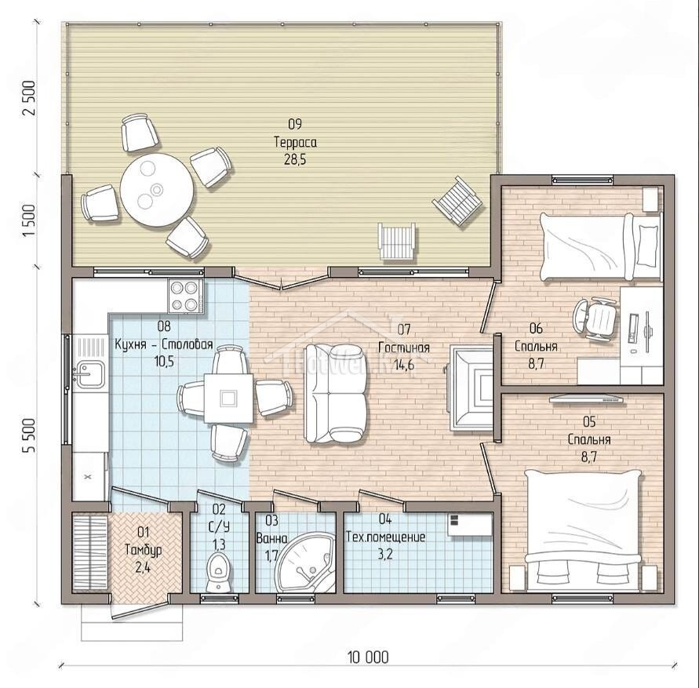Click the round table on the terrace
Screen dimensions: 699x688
(x=158, y=190)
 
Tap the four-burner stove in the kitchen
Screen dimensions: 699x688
(x=186, y=296)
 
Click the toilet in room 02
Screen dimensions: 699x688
(x=217, y=573)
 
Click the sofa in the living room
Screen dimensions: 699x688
(x=336, y=393)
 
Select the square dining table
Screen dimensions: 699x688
(x=229, y=398)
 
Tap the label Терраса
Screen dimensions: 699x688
(x=295, y=142)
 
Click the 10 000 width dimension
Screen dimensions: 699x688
(x=368, y=657)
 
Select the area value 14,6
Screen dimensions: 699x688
(x=403, y=365)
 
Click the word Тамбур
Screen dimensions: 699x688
(x=143, y=550)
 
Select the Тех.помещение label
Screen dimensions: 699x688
(x=386, y=537)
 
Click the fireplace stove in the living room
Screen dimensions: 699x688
(x=471, y=388)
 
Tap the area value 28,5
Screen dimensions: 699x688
(x=295, y=159)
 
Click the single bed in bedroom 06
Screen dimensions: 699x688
(x=600, y=246)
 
